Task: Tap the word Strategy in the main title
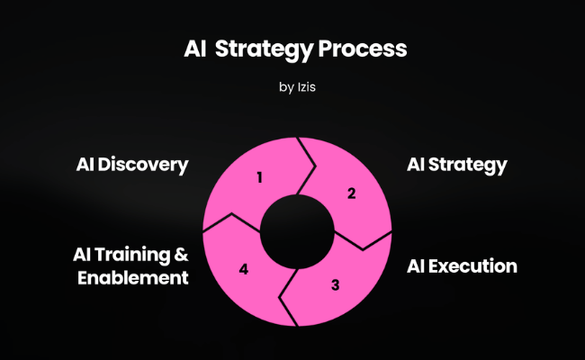coord(267,50)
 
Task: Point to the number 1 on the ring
coord(259,177)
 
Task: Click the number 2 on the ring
coord(352,193)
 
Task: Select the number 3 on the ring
coord(335,285)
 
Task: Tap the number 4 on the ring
coord(243,268)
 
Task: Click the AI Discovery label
coord(132,165)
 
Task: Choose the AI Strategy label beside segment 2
coord(457,165)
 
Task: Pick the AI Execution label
coord(462,265)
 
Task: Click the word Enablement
coord(133,277)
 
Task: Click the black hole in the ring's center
coord(296,233)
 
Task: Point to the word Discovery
coord(143,165)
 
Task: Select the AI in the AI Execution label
coord(416,265)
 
